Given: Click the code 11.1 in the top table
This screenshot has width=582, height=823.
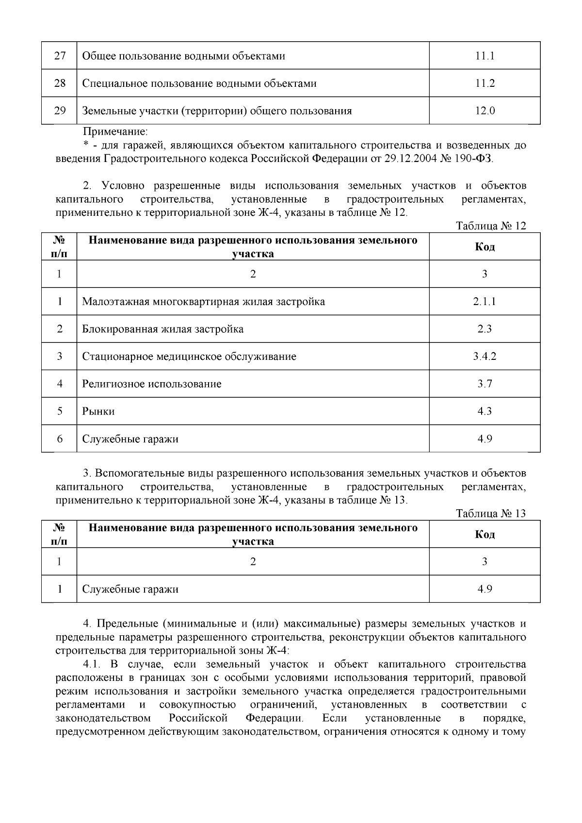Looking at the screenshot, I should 485,56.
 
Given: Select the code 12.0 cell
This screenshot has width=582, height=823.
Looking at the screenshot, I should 485,111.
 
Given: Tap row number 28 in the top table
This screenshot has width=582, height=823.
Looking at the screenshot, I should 60,83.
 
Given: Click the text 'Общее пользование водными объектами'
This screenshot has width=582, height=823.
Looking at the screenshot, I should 183,56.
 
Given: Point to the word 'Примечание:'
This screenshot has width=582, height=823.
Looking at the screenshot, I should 115,131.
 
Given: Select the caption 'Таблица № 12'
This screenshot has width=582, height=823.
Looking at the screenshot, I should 491,226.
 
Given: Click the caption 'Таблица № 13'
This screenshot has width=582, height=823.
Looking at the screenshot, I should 491,514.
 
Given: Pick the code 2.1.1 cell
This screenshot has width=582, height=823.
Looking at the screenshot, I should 485,302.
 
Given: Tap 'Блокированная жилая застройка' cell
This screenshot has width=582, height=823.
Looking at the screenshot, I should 162,329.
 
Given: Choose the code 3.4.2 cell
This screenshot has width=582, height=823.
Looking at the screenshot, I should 485,356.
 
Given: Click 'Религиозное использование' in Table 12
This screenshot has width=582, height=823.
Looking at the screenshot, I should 151,384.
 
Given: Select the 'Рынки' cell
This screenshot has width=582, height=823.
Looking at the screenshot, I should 98,411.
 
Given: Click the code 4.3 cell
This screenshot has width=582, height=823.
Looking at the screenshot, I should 485,411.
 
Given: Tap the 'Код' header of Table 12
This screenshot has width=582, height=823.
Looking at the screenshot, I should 485,247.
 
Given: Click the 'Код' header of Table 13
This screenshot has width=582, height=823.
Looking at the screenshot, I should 485,534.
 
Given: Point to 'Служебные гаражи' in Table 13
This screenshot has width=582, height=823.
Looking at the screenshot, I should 130,589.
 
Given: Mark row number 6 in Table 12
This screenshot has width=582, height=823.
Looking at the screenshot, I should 60,439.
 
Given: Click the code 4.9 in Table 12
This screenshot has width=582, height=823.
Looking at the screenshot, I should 485,439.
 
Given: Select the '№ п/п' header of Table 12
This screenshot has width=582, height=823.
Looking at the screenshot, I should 59,247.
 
